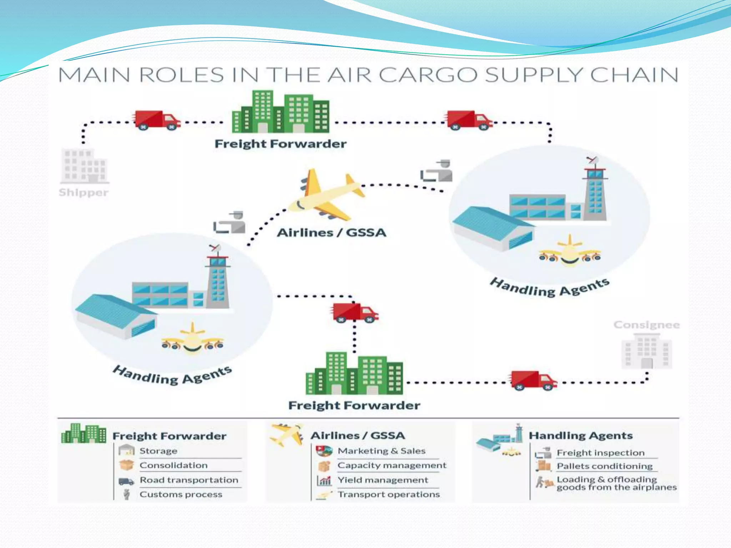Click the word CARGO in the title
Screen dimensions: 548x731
pyautogui.click(x=428, y=75)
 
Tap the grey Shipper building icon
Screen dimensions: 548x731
pyautogui.click(x=84, y=166)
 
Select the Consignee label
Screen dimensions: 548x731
pyautogui.click(x=646, y=325)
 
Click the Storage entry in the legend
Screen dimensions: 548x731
pyautogui.click(x=158, y=451)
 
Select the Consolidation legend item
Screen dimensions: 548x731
pyautogui.click(x=173, y=465)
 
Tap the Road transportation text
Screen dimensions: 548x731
pyautogui.click(x=189, y=480)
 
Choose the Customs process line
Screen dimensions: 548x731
pyautogui.click(x=181, y=494)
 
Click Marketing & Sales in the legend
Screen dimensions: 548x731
pyautogui.click(x=382, y=451)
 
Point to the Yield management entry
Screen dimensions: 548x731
pyautogui.click(x=383, y=480)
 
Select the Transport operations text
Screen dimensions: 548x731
pyautogui.click(x=389, y=494)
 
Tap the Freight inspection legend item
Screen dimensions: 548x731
pyautogui.click(x=601, y=453)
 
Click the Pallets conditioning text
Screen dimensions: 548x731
pyautogui.click(x=605, y=466)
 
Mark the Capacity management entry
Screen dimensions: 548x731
pyautogui.click(x=392, y=465)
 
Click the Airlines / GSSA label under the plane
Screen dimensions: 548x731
pyautogui.click(x=332, y=233)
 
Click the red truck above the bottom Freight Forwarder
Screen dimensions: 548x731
pyautogui.click(x=354, y=313)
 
